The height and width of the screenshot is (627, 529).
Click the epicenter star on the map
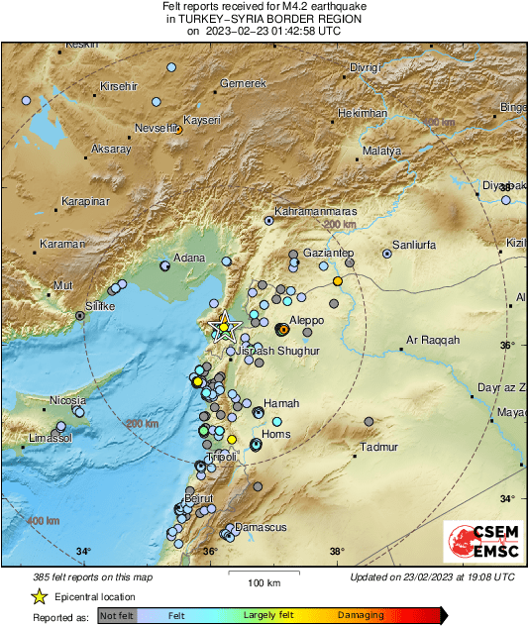[225, 326]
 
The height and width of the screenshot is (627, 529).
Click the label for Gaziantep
[329, 254]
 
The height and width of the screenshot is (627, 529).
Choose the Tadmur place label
[377, 448]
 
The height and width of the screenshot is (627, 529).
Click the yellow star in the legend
[39, 596]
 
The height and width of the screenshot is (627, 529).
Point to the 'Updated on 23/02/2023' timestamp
[432, 576]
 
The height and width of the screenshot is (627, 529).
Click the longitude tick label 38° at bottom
[337, 552]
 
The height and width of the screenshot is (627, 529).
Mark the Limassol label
[52, 437]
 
